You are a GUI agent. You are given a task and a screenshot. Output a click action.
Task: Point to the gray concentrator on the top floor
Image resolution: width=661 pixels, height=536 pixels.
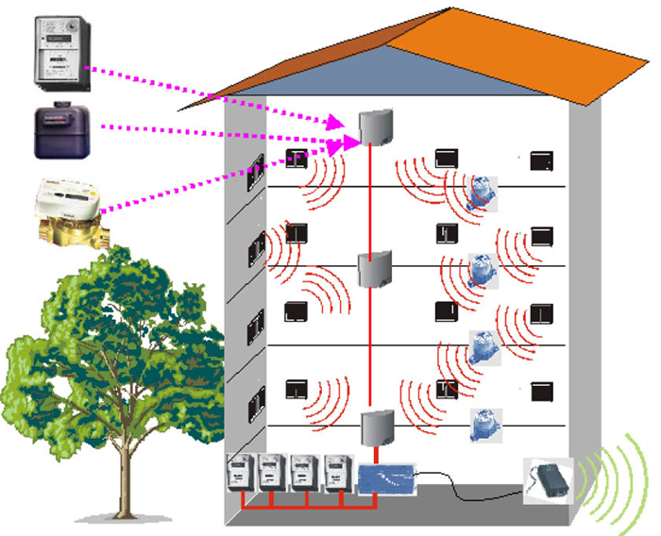pos(375,127)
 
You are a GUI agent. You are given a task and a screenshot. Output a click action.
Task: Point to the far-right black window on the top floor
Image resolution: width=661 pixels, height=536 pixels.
pos(542,161)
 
